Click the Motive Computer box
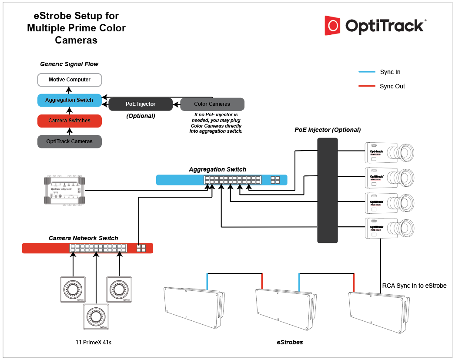(70, 80)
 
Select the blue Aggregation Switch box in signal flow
(70, 100)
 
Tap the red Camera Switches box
(70, 121)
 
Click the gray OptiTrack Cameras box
(70, 141)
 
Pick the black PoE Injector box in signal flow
(140, 104)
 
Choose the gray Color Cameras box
(212, 104)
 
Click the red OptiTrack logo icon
(332, 26)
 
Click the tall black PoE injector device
(328, 190)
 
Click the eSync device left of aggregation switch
(64, 190)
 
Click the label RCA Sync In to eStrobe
(414, 286)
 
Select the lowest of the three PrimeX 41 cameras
(95, 316)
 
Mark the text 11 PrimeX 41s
(94, 342)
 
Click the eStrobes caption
(290, 342)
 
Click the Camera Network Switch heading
(84, 238)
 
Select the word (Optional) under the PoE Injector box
(141, 116)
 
